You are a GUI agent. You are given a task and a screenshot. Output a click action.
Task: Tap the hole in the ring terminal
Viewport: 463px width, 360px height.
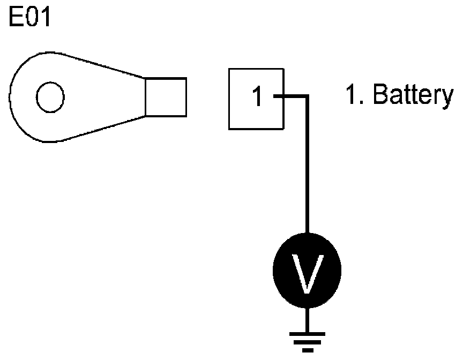tap(51, 97)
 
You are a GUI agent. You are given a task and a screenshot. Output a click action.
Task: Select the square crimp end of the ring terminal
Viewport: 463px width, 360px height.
tap(166, 97)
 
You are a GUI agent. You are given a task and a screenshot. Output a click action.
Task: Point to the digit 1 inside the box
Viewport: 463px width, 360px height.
tap(258, 97)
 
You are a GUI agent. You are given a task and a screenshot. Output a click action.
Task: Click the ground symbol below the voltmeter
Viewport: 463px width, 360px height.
tap(307, 342)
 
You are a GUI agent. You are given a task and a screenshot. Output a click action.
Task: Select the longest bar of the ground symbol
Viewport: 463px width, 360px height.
tap(307, 334)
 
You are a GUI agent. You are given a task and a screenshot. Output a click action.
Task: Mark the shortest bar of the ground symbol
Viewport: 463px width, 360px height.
tap(307, 351)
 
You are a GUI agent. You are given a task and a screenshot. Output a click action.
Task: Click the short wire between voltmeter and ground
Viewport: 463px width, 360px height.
tap(307, 320)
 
